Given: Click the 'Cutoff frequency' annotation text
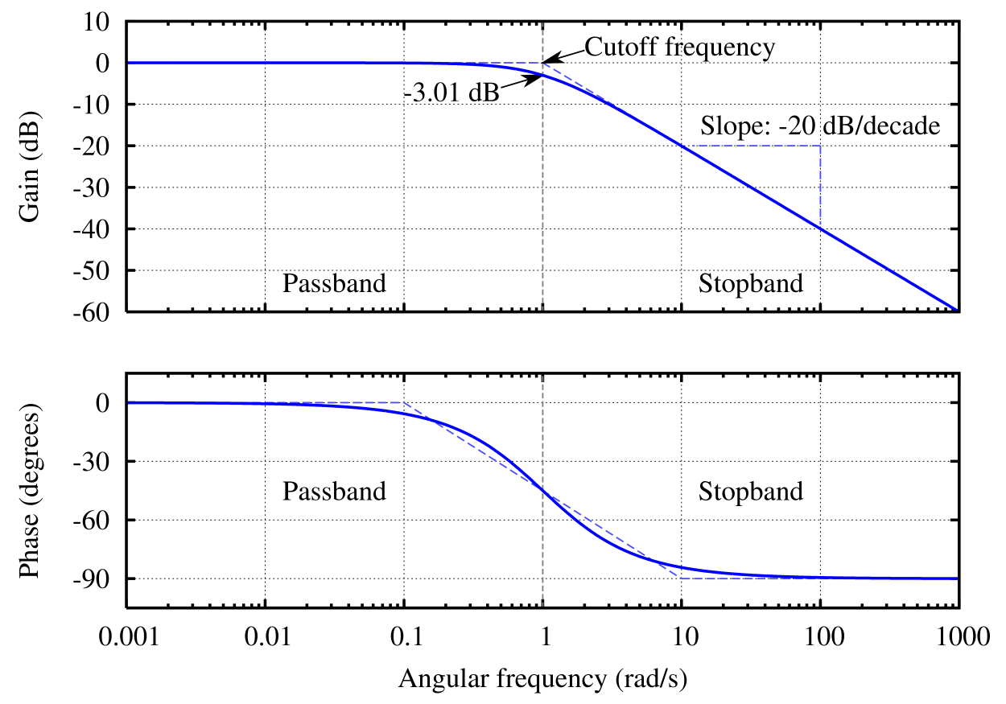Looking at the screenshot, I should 679,47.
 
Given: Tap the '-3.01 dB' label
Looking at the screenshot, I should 451,93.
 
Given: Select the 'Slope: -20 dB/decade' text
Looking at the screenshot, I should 820,126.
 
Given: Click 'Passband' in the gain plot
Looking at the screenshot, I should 334,283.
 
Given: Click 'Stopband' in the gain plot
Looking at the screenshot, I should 751,283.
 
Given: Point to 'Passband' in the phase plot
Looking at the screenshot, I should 334,491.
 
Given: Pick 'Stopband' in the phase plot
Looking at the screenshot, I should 751,491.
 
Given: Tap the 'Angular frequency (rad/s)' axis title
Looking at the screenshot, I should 543,680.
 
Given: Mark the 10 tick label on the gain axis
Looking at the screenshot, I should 100,22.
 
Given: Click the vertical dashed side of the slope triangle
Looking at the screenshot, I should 820,185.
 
